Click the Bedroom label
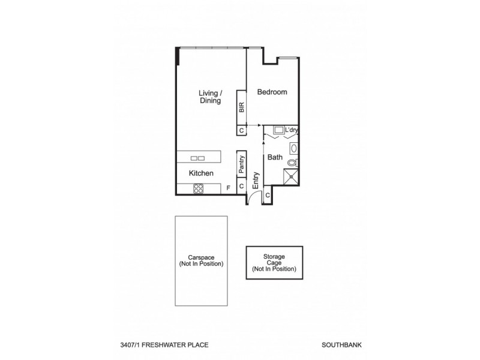(x=272, y=92)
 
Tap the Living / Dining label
(x=211, y=97)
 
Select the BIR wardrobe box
(x=241, y=107)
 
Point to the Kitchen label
(x=201, y=173)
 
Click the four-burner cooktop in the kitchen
(x=199, y=188)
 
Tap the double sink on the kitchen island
(x=197, y=158)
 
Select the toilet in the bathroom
(x=292, y=162)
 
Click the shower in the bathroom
(x=292, y=176)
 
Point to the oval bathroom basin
(x=293, y=148)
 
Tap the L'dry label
(x=292, y=130)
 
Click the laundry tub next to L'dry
(x=278, y=130)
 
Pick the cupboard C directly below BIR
(x=241, y=130)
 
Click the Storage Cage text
(x=274, y=262)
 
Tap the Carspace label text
(x=201, y=260)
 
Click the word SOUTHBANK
(x=340, y=346)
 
